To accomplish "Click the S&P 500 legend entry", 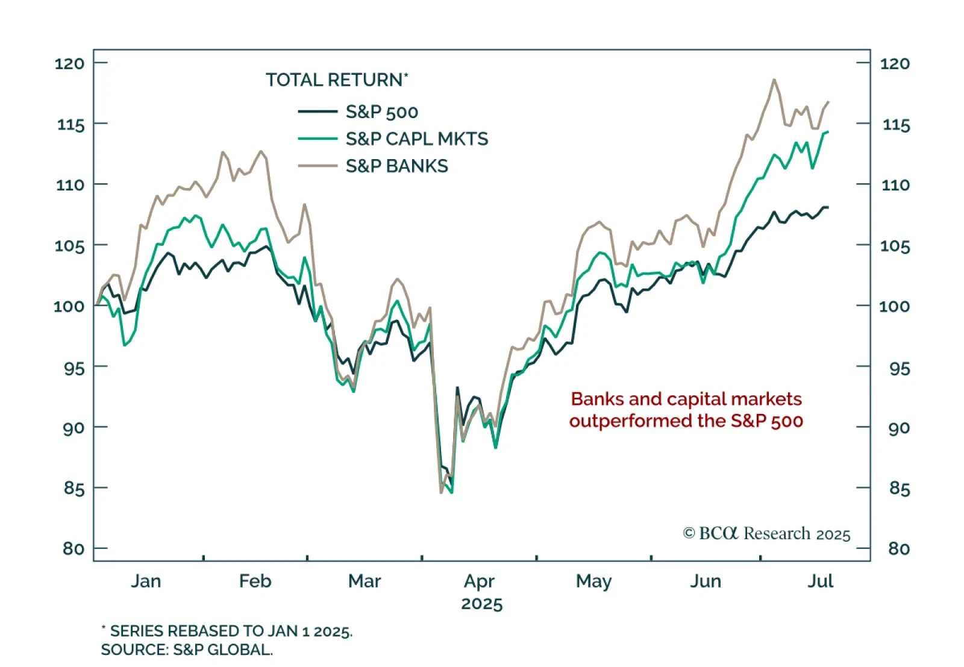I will click(x=381, y=112).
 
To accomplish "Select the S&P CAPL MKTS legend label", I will click(x=416, y=139).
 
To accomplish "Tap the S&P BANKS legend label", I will click(x=396, y=166).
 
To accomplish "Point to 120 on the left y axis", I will click(x=69, y=63).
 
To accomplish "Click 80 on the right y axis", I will click(x=899, y=548).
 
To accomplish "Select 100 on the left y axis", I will click(x=69, y=306).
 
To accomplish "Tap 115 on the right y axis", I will click(x=896, y=125).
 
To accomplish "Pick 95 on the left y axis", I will click(x=74, y=368).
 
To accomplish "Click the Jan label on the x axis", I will click(x=146, y=581).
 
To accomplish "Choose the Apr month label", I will click(x=479, y=581).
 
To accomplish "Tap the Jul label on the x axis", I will click(x=820, y=581).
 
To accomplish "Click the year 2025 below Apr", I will click(x=481, y=604).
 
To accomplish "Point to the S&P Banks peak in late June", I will click(x=774, y=80).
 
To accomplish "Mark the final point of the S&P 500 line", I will click(x=828, y=207).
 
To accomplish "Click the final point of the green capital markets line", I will click(x=828, y=132).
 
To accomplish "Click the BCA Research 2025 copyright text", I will click(x=766, y=534).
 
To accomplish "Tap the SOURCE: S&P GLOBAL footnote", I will click(x=187, y=650).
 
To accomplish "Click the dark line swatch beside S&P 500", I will click(x=318, y=111).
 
